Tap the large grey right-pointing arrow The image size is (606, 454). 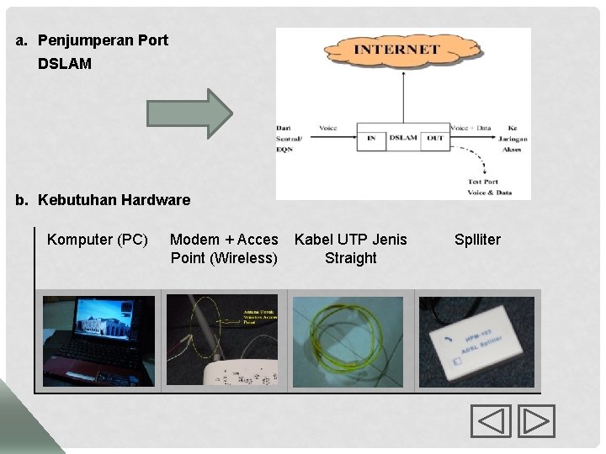(x=188, y=113)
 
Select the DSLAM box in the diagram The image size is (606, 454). (x=403, y=137)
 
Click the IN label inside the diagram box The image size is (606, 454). (x=370, y=137)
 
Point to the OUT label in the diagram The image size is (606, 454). (x=434, y=137)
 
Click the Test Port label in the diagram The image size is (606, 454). (x=482, y=182)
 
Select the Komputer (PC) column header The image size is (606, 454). (x=98, y=240)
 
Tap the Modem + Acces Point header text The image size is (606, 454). (x=224, y=249)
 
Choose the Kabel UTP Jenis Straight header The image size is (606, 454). (x=350, y=249)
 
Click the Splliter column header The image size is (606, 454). (x=477, y=240)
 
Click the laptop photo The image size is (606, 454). (x=98, y=341)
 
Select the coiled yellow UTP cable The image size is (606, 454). (x=350, y=341)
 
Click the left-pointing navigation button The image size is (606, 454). (x=491, y=420)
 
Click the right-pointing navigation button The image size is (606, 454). (x=536, y=420)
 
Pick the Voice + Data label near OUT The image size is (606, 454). (x=470, y=128)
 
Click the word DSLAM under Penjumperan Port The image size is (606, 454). (x=65, y=64)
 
